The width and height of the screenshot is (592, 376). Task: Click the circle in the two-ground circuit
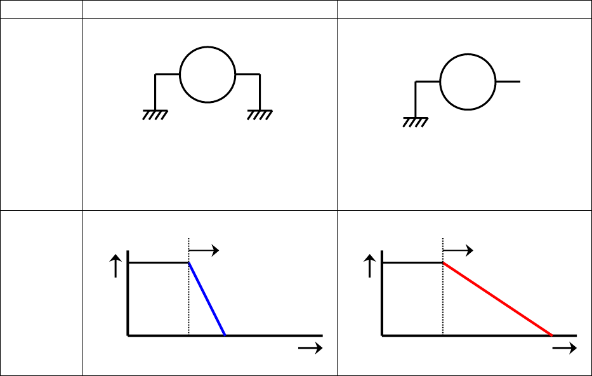(207, 74)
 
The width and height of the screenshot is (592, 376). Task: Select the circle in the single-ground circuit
(468, 82)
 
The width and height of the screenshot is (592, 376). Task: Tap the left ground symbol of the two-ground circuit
(155, 114)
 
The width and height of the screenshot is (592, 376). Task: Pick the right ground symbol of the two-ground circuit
(260, 114)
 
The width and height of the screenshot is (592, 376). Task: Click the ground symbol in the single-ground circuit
(415, 121)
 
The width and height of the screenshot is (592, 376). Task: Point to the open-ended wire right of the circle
(508, 82)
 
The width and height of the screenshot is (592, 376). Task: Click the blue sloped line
(207, 299)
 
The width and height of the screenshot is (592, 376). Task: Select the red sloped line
(497, 299)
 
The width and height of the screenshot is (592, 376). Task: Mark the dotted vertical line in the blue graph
(188, 305)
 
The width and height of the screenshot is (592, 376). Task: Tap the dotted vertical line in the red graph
(442, 305)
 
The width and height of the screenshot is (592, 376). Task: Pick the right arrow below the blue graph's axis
(310, 348)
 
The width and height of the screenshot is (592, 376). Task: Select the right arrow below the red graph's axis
(564, 348)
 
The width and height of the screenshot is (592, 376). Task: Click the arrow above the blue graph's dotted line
(204, 250)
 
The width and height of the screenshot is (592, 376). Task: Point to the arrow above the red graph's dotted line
(457, 250)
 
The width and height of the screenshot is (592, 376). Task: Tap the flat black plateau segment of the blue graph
(159, 262)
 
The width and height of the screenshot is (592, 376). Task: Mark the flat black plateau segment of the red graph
(412, 262)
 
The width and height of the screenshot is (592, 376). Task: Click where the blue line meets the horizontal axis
(225, 334)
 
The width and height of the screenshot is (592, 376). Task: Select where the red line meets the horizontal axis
(552, 334)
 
